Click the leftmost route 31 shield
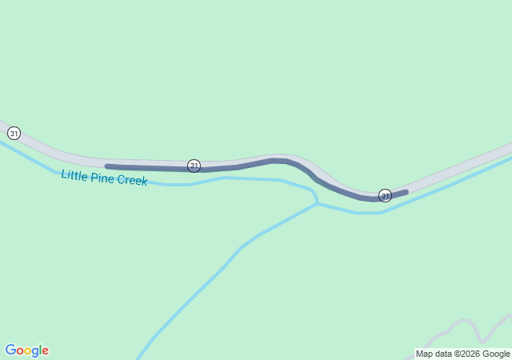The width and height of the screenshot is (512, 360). [14, 133]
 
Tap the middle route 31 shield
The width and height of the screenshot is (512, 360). [194, 166]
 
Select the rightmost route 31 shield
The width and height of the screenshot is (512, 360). [385, 195]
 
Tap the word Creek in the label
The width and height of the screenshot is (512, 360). [131, 181]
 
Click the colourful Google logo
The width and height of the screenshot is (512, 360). [26, 350]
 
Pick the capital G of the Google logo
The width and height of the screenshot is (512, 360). [10, 350]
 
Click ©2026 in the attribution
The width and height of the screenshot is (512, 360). [469, 354]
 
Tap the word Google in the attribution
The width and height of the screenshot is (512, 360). [496, 354]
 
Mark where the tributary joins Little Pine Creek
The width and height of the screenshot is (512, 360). [317, 203]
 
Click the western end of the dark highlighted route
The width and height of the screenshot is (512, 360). [107, 166]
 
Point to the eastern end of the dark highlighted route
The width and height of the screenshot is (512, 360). [406, 192]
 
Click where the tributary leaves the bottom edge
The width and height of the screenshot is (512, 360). [139, 358]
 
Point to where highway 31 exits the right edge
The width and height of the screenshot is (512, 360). [510, 147]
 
